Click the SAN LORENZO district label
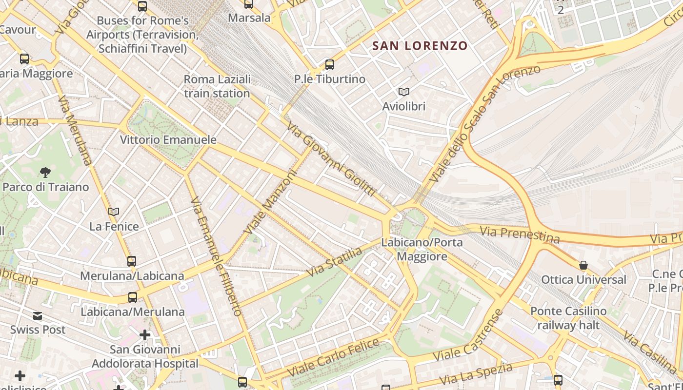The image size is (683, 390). [x=420, y=46]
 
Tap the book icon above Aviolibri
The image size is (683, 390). [x=404, y=92]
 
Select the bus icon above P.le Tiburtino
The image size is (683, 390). [x=329, y=64]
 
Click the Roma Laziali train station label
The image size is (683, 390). [x=217, y=86]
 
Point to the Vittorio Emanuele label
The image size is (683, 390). [x=168, y=140]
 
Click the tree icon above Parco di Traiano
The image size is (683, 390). [x=45, y=172]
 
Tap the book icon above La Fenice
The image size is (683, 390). [x=114, y=212]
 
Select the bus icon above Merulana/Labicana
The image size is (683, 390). [x=132, y=261]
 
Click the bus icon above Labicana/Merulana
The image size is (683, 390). [x=132, y=297]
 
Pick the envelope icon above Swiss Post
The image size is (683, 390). [x=38, y=315]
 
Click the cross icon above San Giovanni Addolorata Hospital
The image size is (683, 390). [x=144, y=335]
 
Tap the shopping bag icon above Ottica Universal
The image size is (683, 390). [x=583, y=265]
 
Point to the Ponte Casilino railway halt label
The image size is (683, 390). [x=568, y=318]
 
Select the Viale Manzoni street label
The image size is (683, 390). [x=271, y=201]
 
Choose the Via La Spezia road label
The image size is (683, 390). [x=476, y=374]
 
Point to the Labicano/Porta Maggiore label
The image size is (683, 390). [x=422, y=249]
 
